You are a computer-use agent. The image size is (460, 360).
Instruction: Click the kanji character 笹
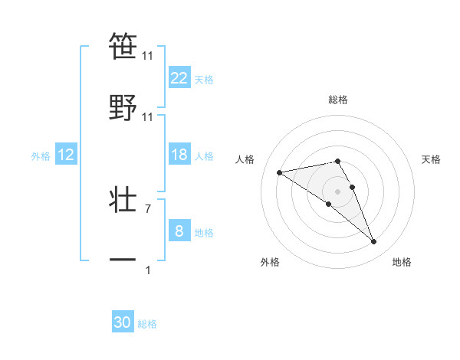[x=123, y=47]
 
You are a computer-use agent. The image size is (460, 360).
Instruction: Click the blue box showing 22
[x=179, y=78]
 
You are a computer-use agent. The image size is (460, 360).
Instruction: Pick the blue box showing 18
[x=179, y=155]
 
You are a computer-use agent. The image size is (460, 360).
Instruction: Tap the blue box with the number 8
[x=179, y=231]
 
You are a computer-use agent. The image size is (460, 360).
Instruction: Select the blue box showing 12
[x=66, y=155]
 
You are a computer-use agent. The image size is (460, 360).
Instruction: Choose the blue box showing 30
[x=123, y=322]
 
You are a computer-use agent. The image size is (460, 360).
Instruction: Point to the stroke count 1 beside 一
[x=148, y=270]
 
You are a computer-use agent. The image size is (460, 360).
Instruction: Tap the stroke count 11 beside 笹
[x=148, y=56]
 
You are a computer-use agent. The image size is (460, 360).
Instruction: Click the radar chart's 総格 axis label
[x=338, y=100]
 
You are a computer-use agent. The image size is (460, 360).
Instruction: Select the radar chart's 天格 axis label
[x=432, y=159]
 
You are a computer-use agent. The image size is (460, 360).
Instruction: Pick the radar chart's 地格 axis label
[x=402, y=262]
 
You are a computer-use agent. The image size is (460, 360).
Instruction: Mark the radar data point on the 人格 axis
[x=280, y=172]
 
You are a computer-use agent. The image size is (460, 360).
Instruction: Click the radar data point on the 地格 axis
[x=374, y=242]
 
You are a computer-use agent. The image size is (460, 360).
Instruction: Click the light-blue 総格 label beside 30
[x=147, y=324]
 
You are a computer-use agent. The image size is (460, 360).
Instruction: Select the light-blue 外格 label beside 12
[x=40, y=156]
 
